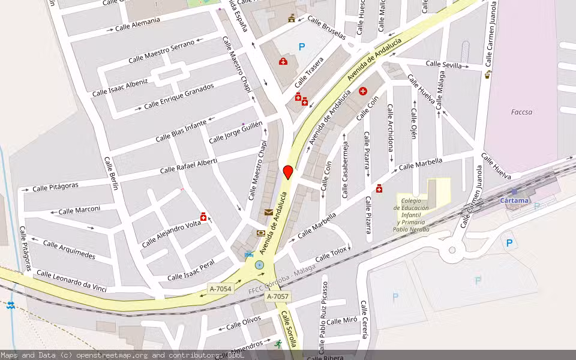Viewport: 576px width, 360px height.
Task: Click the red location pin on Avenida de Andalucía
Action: (x=288, y=172)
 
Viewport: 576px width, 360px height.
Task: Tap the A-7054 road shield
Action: (x=220, y=289)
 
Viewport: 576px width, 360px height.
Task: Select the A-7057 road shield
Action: (x=277, y=296)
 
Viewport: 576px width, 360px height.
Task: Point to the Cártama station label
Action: (x=514, y=200)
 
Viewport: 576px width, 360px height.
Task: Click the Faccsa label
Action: (x=521, y=112)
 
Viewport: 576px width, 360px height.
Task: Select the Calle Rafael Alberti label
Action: (x=188, y=166)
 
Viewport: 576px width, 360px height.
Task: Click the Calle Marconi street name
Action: (x=79, y=210)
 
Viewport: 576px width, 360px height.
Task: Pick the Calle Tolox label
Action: (x=331, y=254)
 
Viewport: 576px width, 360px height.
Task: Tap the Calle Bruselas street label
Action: (x=326, y=28)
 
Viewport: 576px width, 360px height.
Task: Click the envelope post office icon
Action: (x=268, y=212)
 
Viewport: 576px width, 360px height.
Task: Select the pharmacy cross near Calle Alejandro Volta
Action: (x=204, y=218)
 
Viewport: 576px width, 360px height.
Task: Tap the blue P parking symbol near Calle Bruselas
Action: (x=302, y=46)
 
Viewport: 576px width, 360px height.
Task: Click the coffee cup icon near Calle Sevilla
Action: (x=488, y=75)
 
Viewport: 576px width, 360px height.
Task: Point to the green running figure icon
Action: (x=278, y=344)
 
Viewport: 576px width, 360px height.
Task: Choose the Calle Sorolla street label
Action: (x=289, y=329)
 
